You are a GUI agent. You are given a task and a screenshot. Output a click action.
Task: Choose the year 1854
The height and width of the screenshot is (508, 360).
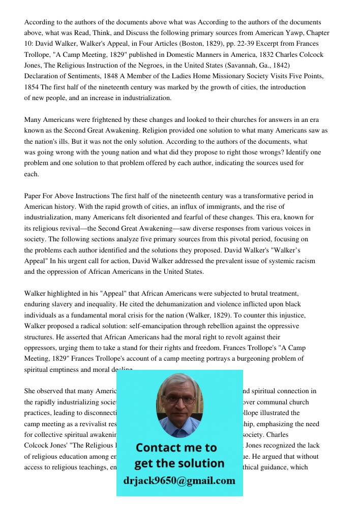pos(33,87)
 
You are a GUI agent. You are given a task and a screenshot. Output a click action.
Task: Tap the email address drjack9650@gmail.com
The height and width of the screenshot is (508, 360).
pos(179,481)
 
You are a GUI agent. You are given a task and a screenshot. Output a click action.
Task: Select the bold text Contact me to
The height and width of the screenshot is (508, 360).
pos(176,448)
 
